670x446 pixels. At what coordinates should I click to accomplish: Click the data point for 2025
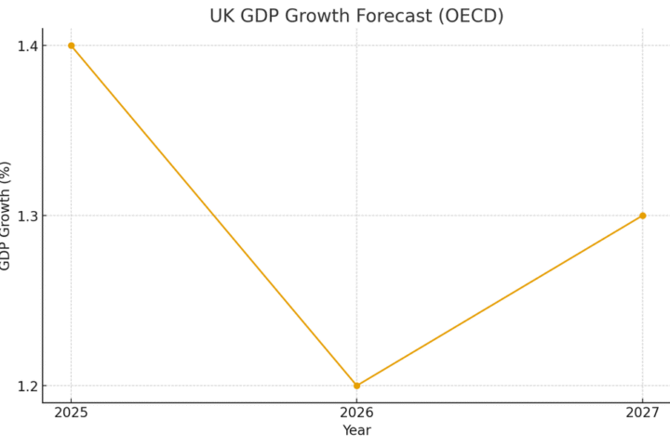coord(71,46)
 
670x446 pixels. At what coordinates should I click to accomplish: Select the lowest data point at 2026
coord(356,386)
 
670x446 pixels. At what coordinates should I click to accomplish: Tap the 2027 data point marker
coord(642,216)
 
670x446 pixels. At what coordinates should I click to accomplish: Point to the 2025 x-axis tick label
coord(71,413)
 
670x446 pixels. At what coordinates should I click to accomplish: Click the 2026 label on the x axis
coord(356,413)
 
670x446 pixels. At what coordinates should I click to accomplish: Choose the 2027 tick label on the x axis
coord(642,413)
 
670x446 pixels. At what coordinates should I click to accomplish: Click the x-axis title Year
coord(356,430)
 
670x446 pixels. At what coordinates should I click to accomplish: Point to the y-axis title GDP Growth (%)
coord(6,216)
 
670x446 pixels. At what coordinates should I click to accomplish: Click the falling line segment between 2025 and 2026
coord(214,216)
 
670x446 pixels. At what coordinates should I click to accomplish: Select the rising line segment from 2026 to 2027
coord(500,300)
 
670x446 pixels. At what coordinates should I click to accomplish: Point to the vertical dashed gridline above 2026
coord(356,139)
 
